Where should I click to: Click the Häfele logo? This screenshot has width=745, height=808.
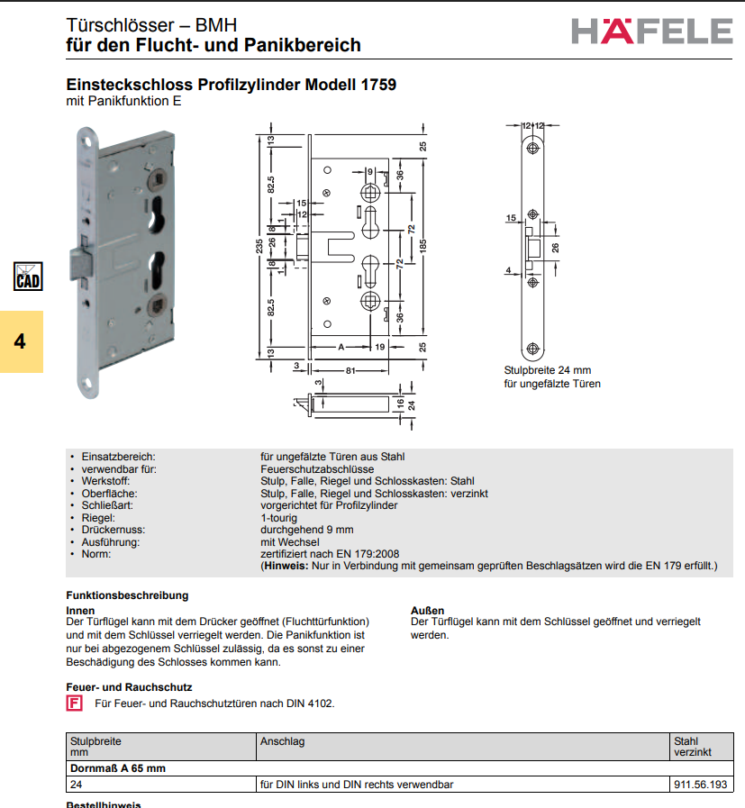click(x=651, y=31)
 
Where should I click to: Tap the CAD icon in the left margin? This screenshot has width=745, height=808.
click(x=28, y=277)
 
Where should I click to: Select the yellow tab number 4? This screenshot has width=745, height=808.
click(x=20, y=341)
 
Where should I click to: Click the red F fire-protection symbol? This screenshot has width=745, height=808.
click(x=74, y=704)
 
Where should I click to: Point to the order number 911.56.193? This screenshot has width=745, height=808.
click(x=700, y=785)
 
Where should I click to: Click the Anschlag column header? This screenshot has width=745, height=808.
click(x=282, y=741)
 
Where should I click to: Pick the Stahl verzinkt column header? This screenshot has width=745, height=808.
click(x=693, y=747)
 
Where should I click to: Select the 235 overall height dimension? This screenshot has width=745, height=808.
click(x=259, y=246)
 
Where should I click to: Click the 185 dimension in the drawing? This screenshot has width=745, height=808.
click(x=422, y=246)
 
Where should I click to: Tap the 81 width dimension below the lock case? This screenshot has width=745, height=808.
click(x=350, y=370)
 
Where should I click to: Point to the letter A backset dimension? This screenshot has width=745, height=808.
click(x=341, y=348)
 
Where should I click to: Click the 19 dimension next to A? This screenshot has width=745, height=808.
click(x=380, y=348)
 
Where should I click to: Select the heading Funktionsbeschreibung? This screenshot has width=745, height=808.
click(x=127, y=595)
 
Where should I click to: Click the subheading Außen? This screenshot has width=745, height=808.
click(x=427, y=610)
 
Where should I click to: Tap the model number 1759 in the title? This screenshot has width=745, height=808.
click(x=378, y=85)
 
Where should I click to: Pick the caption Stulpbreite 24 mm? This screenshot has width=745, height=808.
click(x=547, y=370)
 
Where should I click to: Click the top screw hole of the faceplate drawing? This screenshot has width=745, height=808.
click(x=532, y=149)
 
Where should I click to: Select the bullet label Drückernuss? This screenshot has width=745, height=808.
click(x=114, y=530)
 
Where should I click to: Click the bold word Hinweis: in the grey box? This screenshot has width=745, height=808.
click(x=286, y=566)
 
